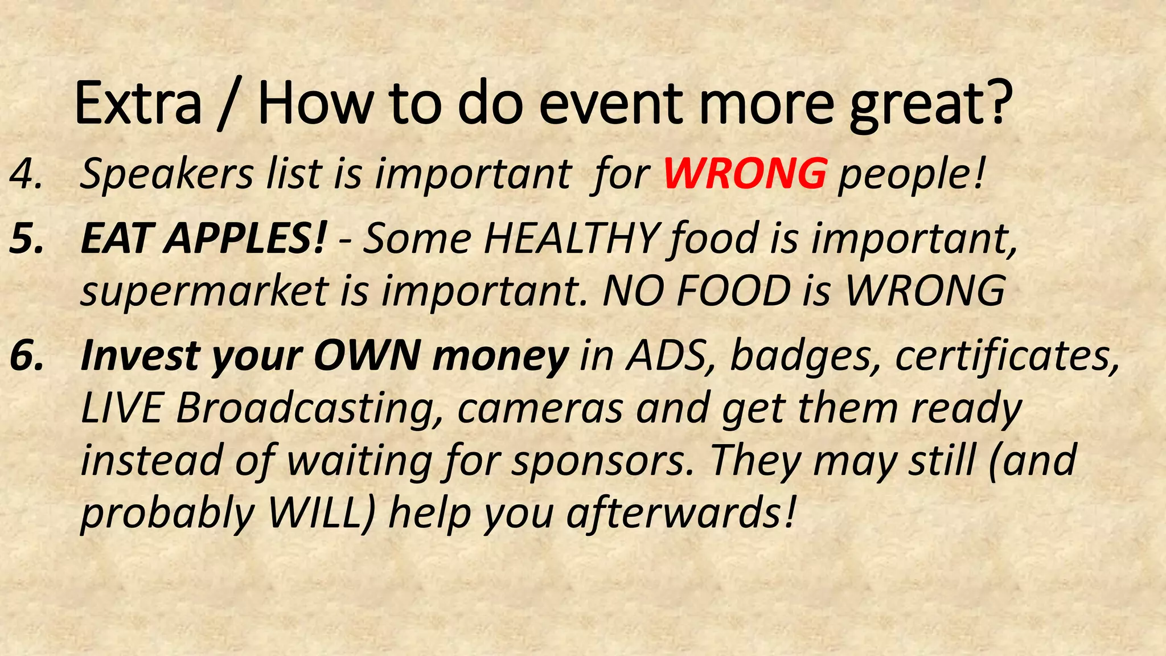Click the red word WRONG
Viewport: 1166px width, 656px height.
(745, 173)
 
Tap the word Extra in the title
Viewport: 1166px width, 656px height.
(138, 104)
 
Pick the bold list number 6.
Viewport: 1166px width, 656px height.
(26, 356)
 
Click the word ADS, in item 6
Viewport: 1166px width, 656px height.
(672, 356)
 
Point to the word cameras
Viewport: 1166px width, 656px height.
(540, 409)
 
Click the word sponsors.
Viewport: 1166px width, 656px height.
(598, 461)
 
